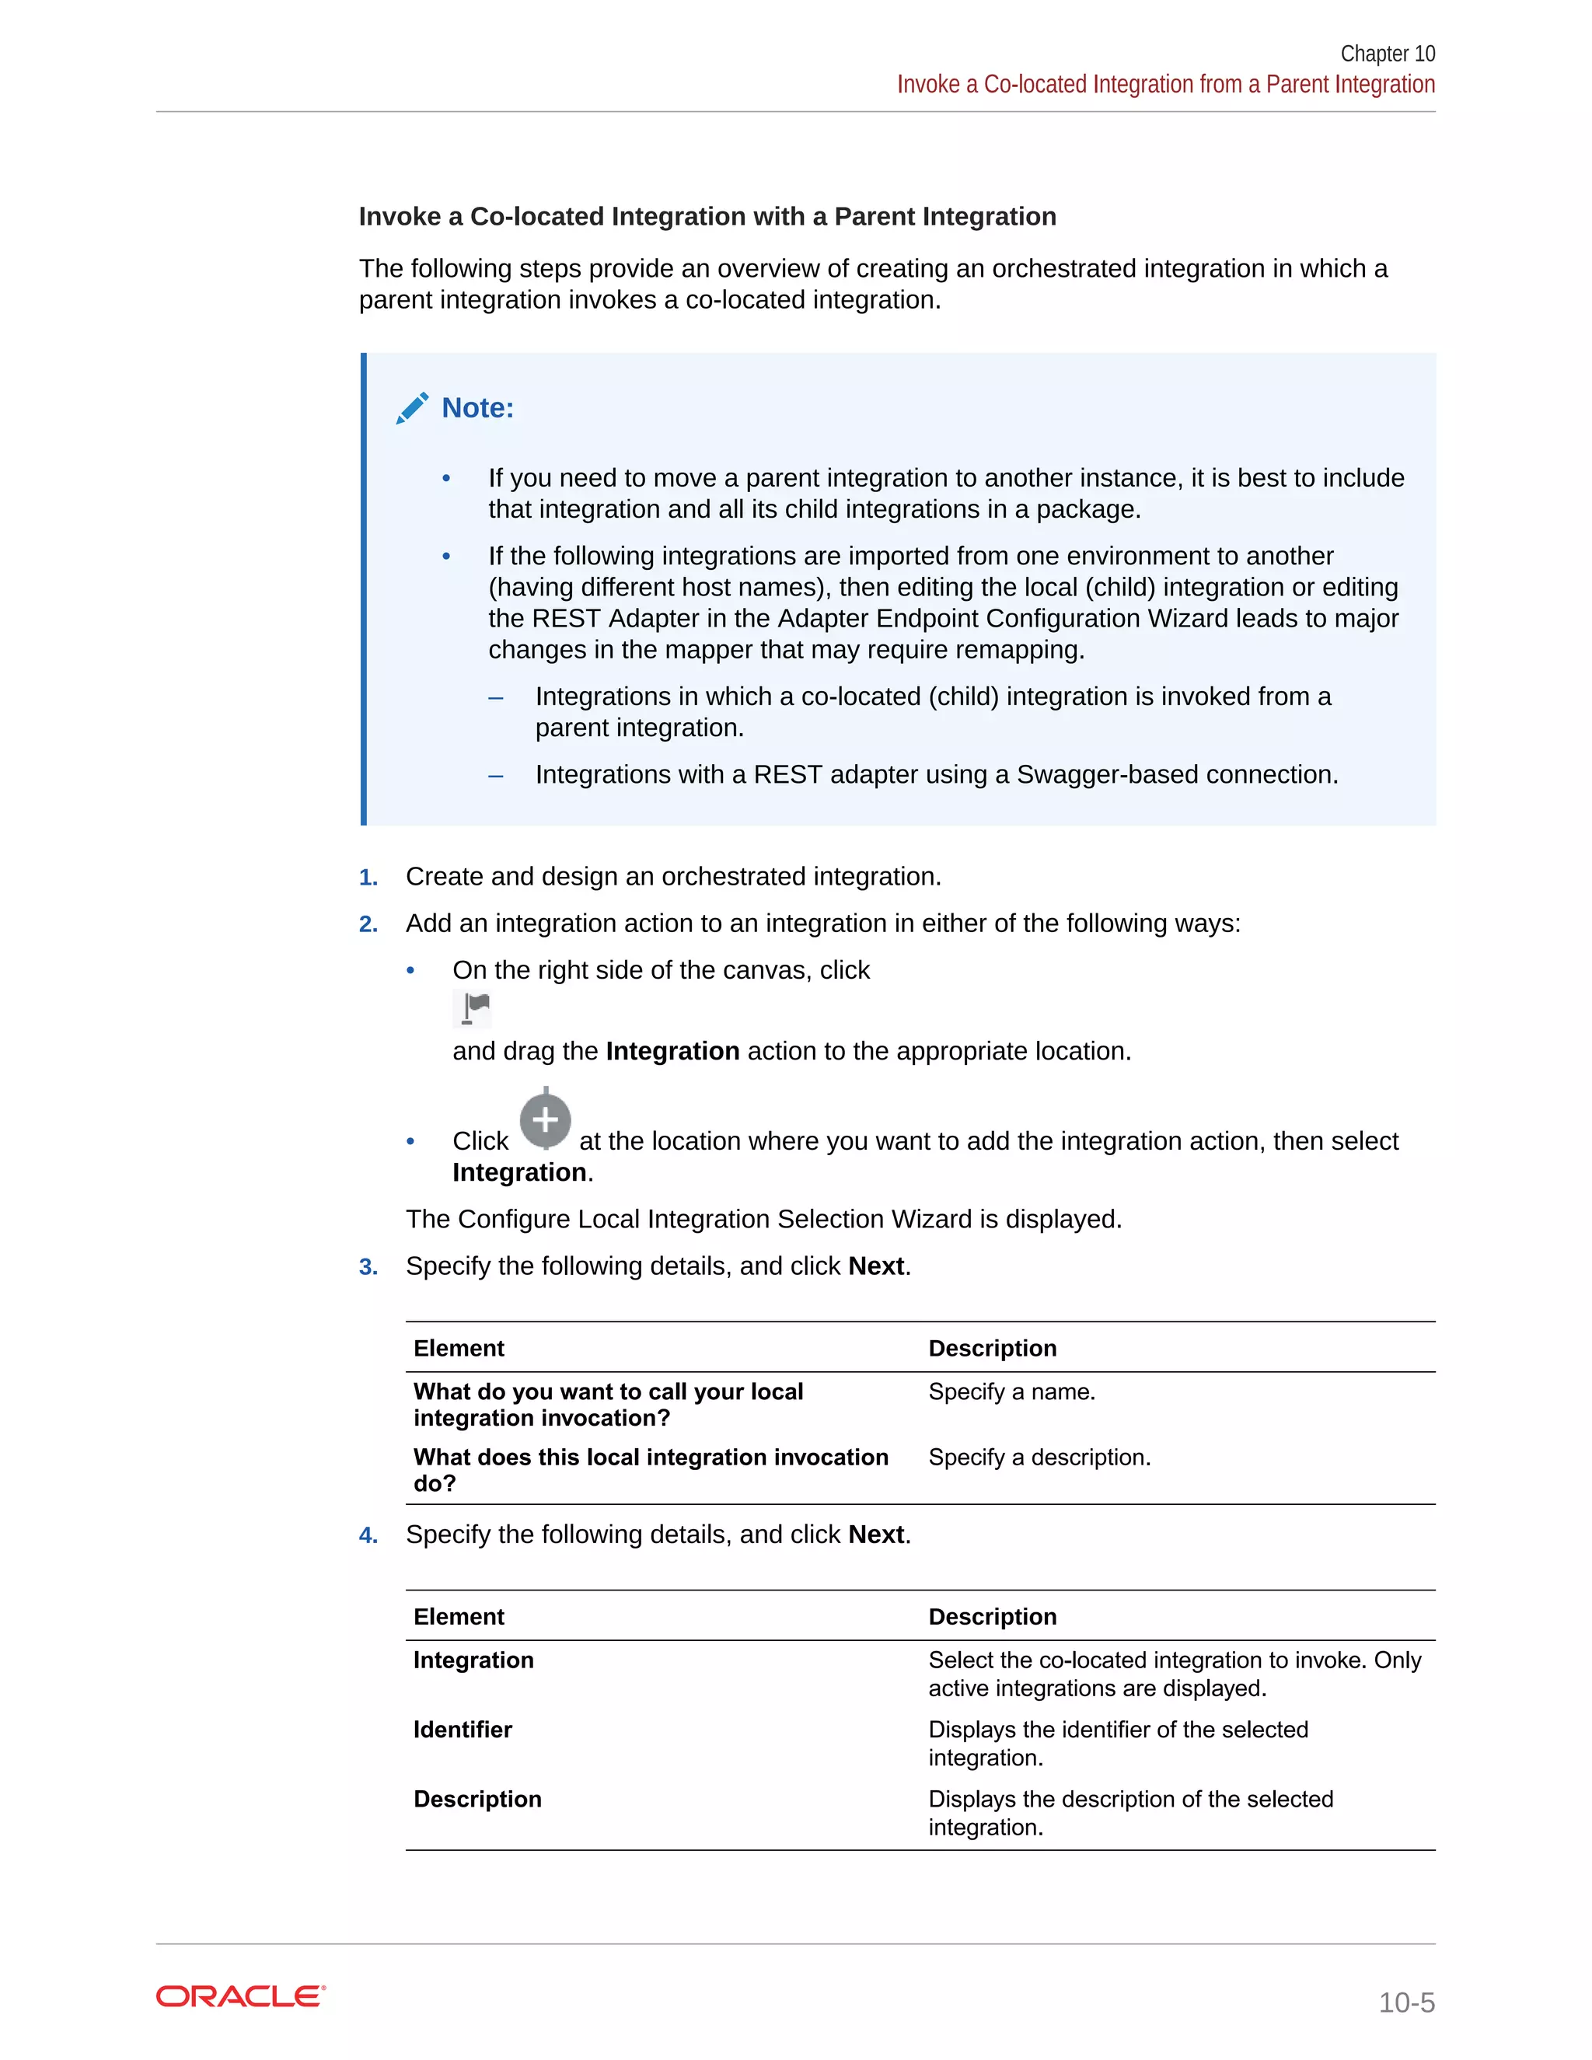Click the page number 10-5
pyautogui.click(x=1405, y=2002)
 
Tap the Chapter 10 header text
pyautogui.click(x=1387, y=54)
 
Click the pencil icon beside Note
pyautogui.click(x=412, y=408)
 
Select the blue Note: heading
pyautogui.click(x=477, y=407)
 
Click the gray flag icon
pyautogui.click(x=473, y=1008)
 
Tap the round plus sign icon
pyautogui.click(x=545, y=1120)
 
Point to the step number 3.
pyautogui.click(x=368, y=1267)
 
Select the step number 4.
pyautogui.click(x=368, y=1535)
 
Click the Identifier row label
pyautogui.click(x=463, y=1729)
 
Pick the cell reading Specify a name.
pyautogui.click(x=1011, y=1391)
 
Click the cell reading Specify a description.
pyautogui.click(x=1039, y=1458)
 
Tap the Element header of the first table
pyautogui.click(x=459, y=1348)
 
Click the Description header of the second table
pyautogui.click(x=991, y=1617)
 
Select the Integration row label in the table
pyautogui.click(x=473, y=1660)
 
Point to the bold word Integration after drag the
pyautogui.click(x=672, y=1051)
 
